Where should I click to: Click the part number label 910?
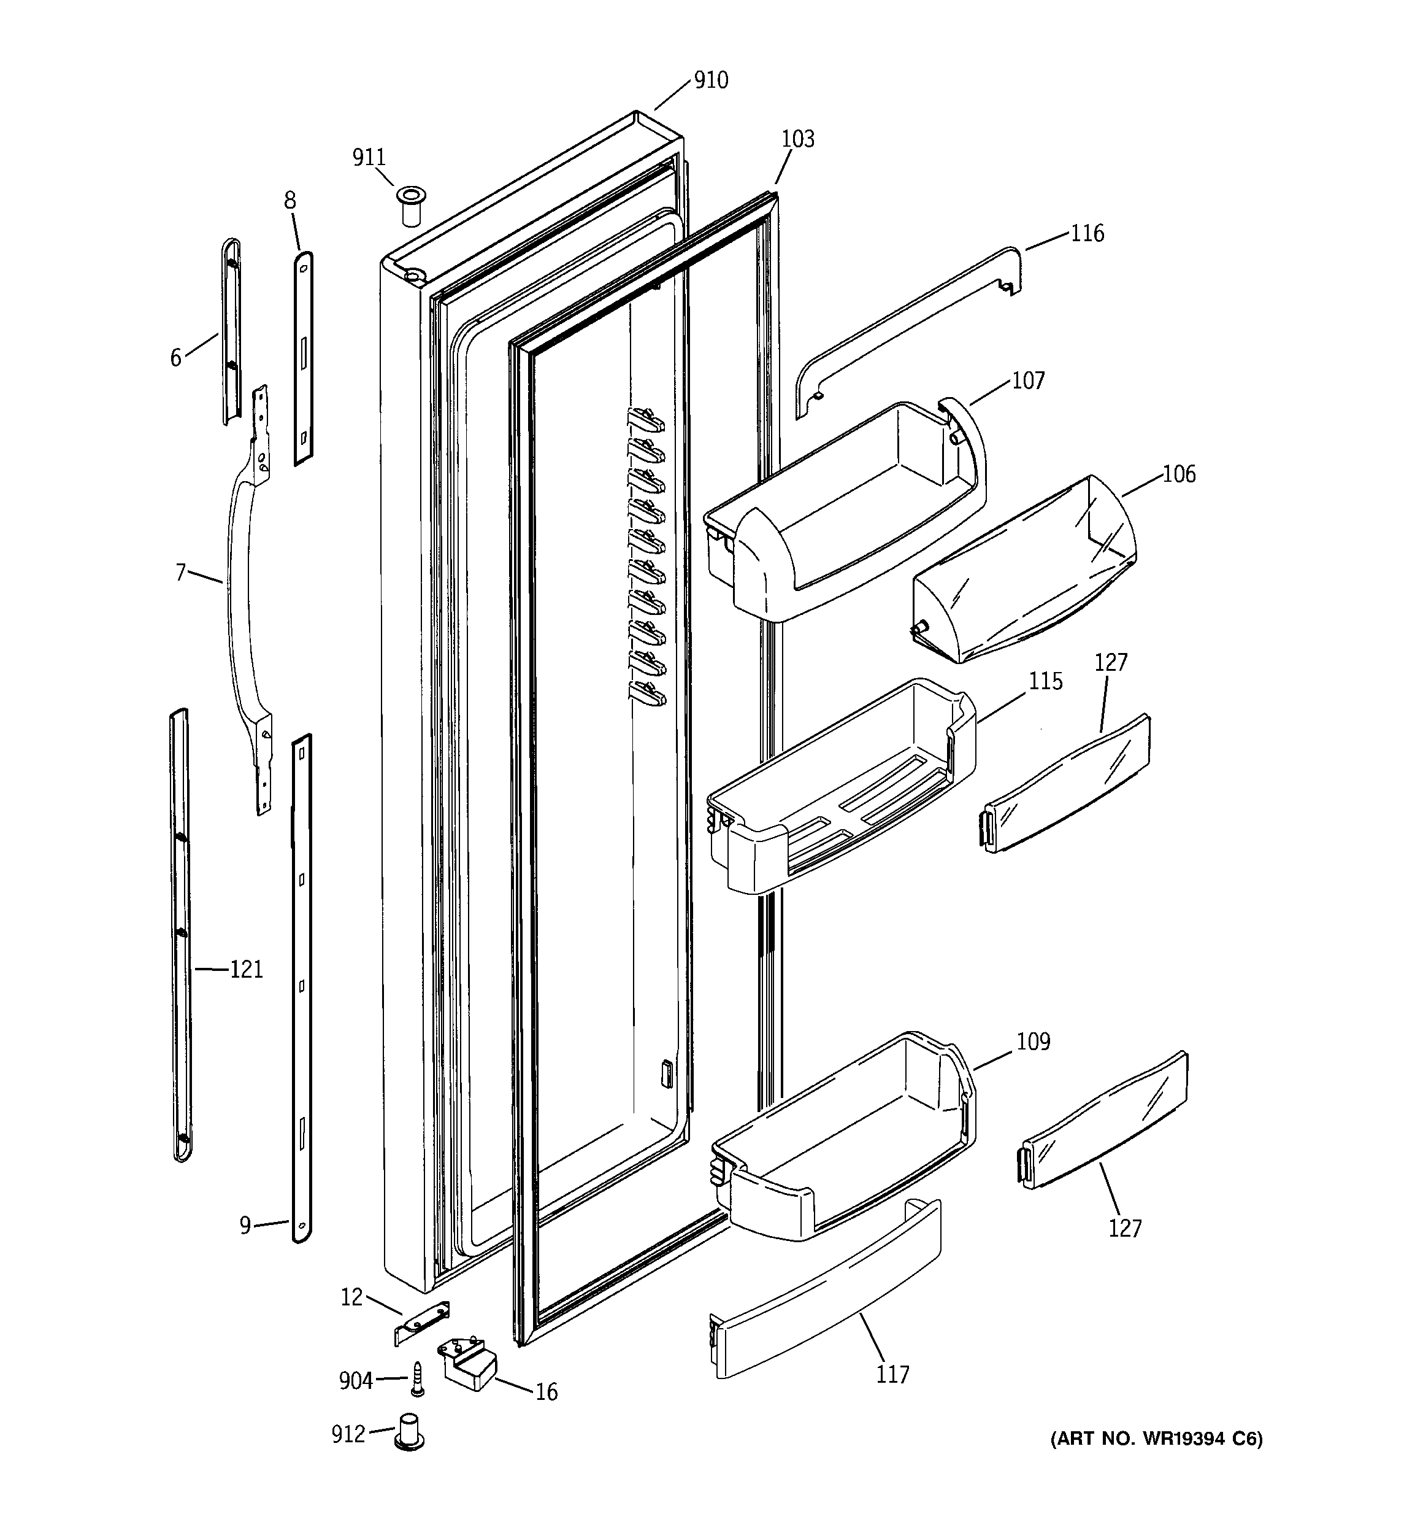pos(710,80)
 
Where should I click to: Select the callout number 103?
pos(798,139)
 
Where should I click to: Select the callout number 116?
pos(1087,233)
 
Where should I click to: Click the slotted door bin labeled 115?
pos(840,802)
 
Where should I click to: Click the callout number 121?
pos(246,970)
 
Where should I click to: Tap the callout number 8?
pos(290,200)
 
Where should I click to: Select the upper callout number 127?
pos(1111,662)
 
